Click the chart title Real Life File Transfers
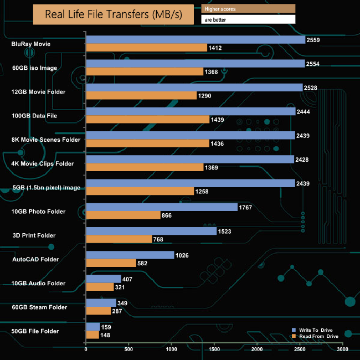114,14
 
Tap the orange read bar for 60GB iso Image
145,71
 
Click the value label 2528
311,88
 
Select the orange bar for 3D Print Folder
119,239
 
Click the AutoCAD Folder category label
35,259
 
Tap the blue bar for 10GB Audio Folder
104,279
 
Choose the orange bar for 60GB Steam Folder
99,311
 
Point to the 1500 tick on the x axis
214,349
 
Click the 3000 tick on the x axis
342,349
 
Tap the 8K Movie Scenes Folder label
46,140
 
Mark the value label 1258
202,191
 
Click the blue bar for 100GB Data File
191,111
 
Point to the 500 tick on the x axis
128,349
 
